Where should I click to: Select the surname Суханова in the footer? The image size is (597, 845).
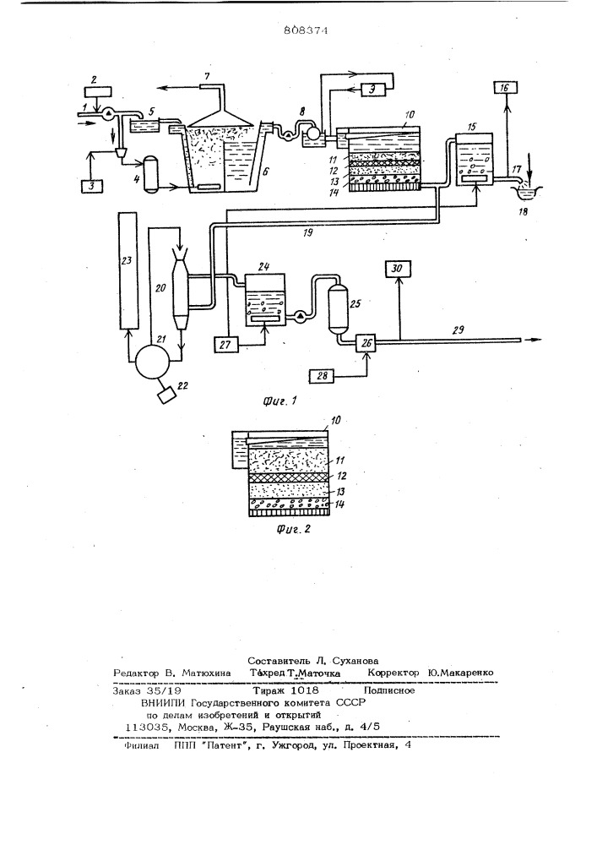point(349,659)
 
